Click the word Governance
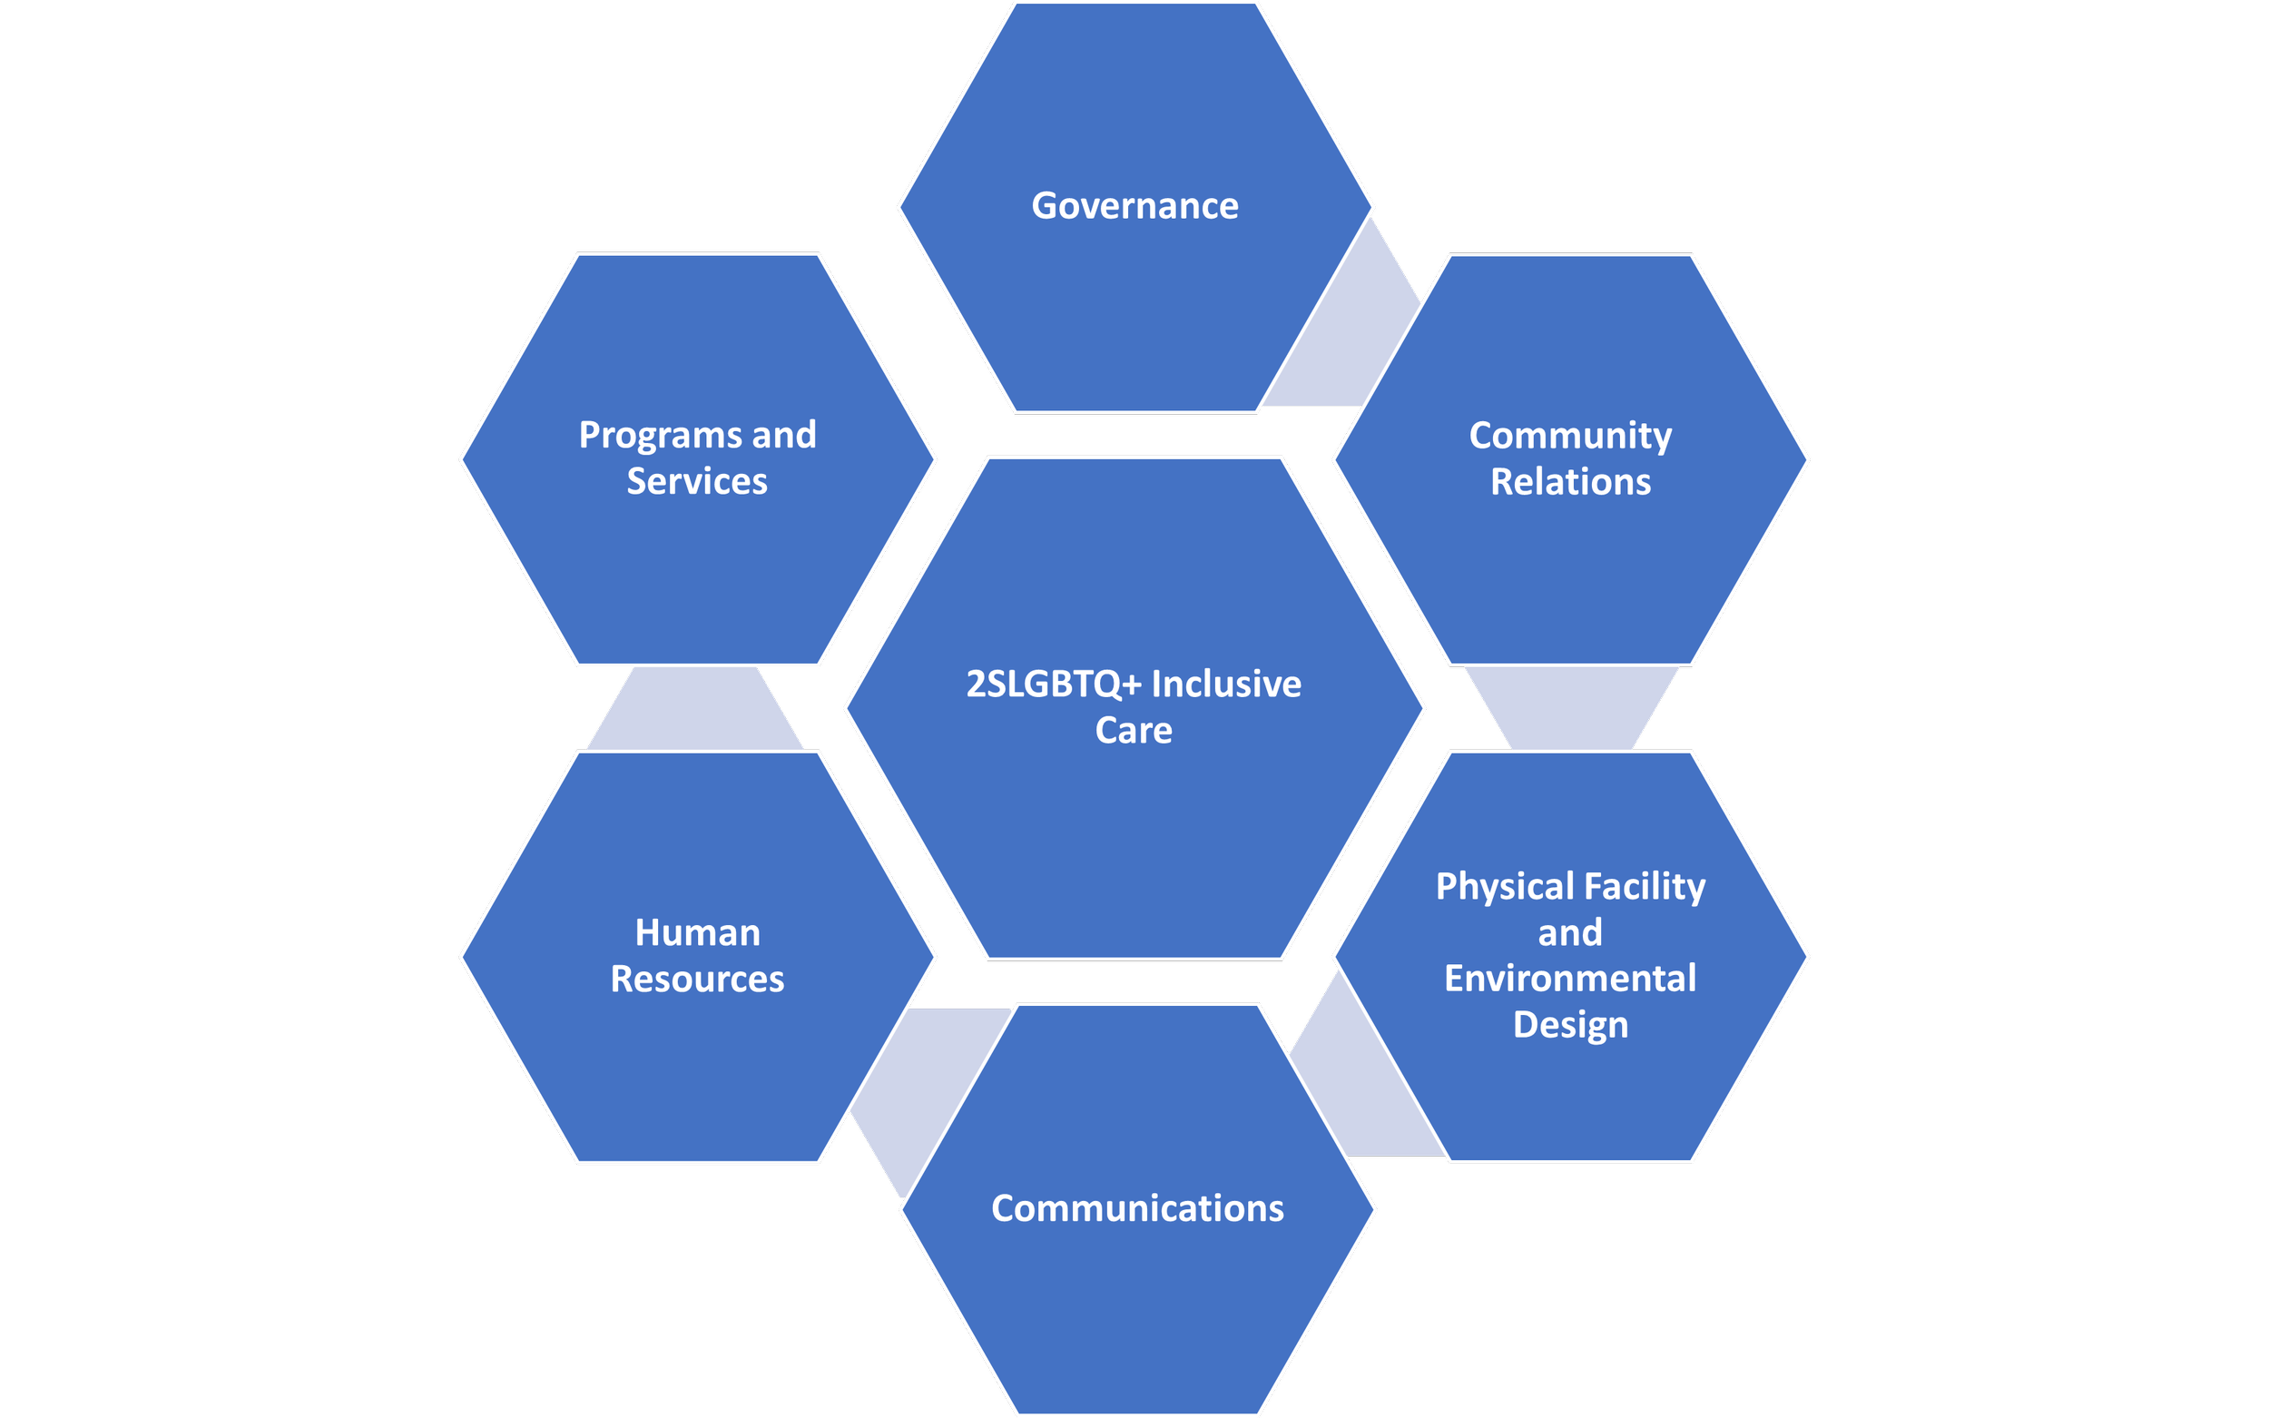click(1134, 206)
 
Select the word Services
click(697, 482)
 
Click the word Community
click(1570, 436)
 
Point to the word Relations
click(1570, 482)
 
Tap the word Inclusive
click(1226, 684)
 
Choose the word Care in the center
click(1134, 731)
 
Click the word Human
click(698, 933)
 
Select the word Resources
click(698, 980)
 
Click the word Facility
click(1645, 886)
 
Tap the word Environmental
click(1570, 978)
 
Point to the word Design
click(1570, 1025)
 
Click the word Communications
click(1137, 1209)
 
